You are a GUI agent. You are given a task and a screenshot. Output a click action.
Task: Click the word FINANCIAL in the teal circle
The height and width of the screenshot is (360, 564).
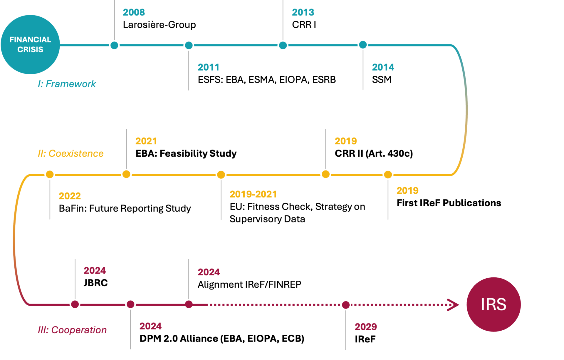30,40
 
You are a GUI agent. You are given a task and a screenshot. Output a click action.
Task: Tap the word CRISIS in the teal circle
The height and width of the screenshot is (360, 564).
30,50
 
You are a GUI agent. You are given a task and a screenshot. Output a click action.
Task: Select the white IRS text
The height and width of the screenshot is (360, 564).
493,304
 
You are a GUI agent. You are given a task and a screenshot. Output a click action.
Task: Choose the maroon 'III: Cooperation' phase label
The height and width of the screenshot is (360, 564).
72,331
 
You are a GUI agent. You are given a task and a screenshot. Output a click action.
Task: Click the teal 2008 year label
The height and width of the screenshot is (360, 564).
134,13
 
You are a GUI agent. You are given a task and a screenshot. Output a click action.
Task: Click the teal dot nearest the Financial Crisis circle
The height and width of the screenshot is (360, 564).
114,45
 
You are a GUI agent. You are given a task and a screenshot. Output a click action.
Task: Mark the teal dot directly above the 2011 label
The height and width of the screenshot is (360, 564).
189,45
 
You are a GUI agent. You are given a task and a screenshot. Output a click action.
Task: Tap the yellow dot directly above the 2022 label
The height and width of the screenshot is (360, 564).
50,175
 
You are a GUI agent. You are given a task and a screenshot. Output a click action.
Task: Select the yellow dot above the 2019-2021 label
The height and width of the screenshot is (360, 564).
221,175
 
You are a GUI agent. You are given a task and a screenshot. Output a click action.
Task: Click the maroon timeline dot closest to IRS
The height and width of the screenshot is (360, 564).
346,305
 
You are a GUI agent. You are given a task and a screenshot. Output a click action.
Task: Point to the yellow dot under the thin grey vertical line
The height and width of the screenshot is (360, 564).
325,174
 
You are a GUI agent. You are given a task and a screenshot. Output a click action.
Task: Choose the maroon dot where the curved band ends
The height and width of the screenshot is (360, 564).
75,304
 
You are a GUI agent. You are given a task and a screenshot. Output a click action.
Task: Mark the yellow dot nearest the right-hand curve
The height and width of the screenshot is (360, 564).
388,175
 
